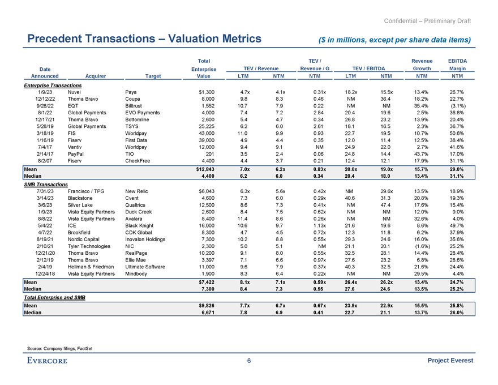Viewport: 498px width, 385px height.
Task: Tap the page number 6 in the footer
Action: pos(249,361)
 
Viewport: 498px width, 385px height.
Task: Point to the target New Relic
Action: pos(137,192)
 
